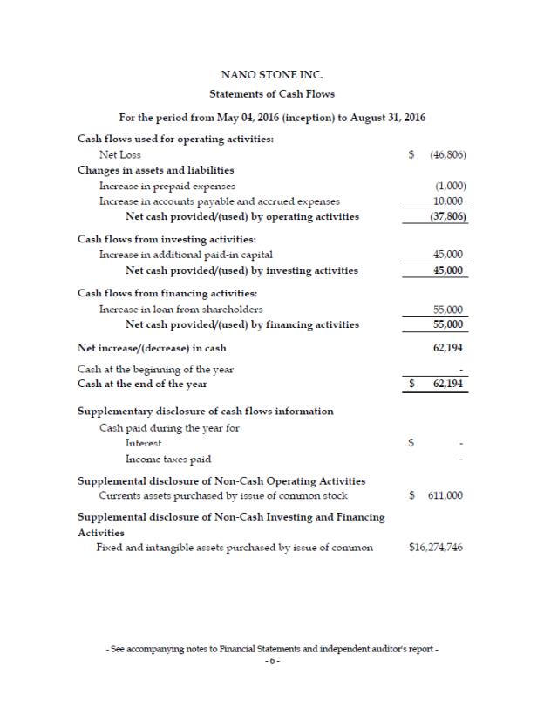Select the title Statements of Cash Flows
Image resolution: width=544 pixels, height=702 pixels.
click(x=271, y=93)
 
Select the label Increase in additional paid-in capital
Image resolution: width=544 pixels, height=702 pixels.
click(x=186, y=255)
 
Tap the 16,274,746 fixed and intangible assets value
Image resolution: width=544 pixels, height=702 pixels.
click(x=435, y=548)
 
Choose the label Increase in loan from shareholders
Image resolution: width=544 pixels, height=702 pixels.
click(x=181, y=310)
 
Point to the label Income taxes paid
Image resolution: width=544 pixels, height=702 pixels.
click(x=167, y=459)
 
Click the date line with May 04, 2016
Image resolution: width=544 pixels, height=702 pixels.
click(x=271, y=118)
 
